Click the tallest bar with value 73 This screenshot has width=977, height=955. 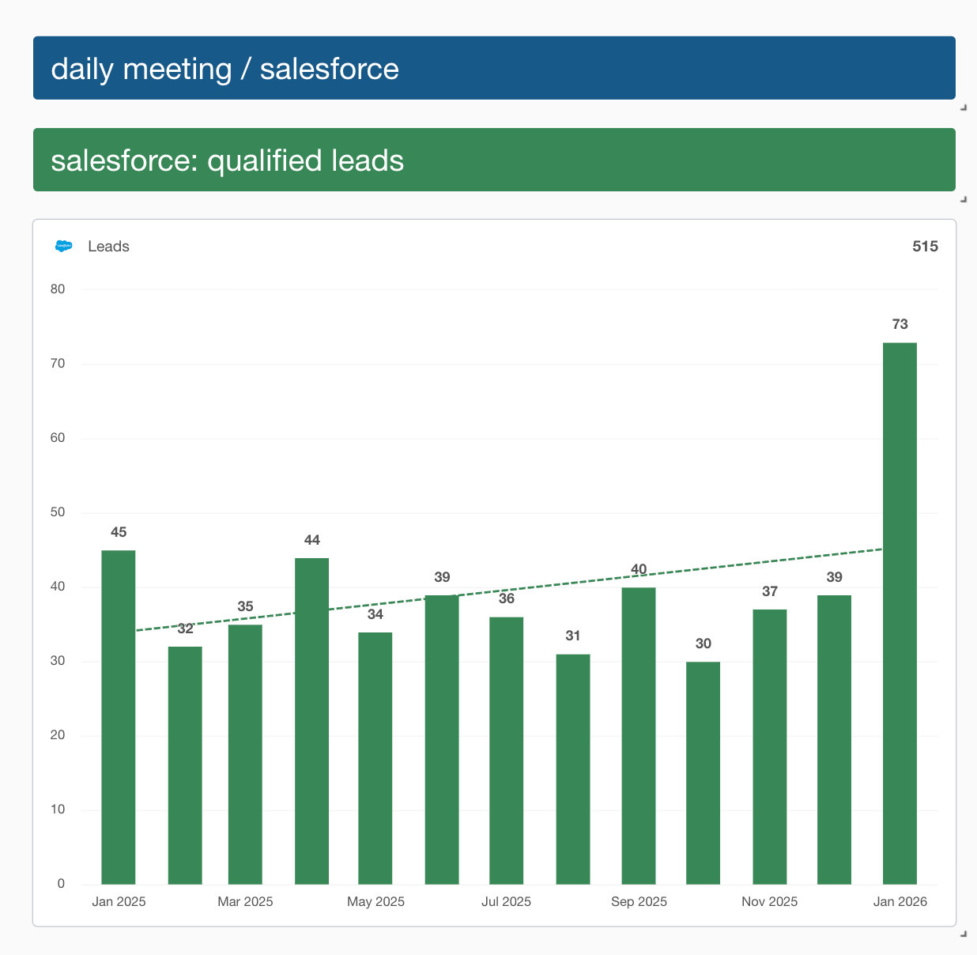[x=900, y=613]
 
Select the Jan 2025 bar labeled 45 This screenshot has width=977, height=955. [x=119, y=716]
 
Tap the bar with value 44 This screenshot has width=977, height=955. [x=311, y=720]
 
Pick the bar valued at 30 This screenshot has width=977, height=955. [x=703, y=772]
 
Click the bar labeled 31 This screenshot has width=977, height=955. [x=573, y=768]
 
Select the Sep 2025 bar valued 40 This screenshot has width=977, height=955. [x=639, y=735]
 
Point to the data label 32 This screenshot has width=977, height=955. [x=185, y=629]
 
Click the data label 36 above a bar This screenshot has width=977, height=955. [x=507, y=599]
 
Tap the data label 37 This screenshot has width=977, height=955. [x=770, y=592]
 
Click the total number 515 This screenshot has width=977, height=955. [x=925, y=247]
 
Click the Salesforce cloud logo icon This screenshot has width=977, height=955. [x=64, y=247]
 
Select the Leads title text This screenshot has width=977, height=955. [x=108, y=247]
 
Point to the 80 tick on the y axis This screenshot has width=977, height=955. [x=58, y=289]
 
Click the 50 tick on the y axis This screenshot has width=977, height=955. [x=58, y=512]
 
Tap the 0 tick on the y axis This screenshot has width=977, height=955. [x=61, y=884]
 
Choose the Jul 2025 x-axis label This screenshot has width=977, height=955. [x=506, y=902]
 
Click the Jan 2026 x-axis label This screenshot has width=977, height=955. [x=900, y=902]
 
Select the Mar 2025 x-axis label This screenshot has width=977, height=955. [x=245, y=902]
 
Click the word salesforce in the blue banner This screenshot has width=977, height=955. [x=329, y=70]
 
